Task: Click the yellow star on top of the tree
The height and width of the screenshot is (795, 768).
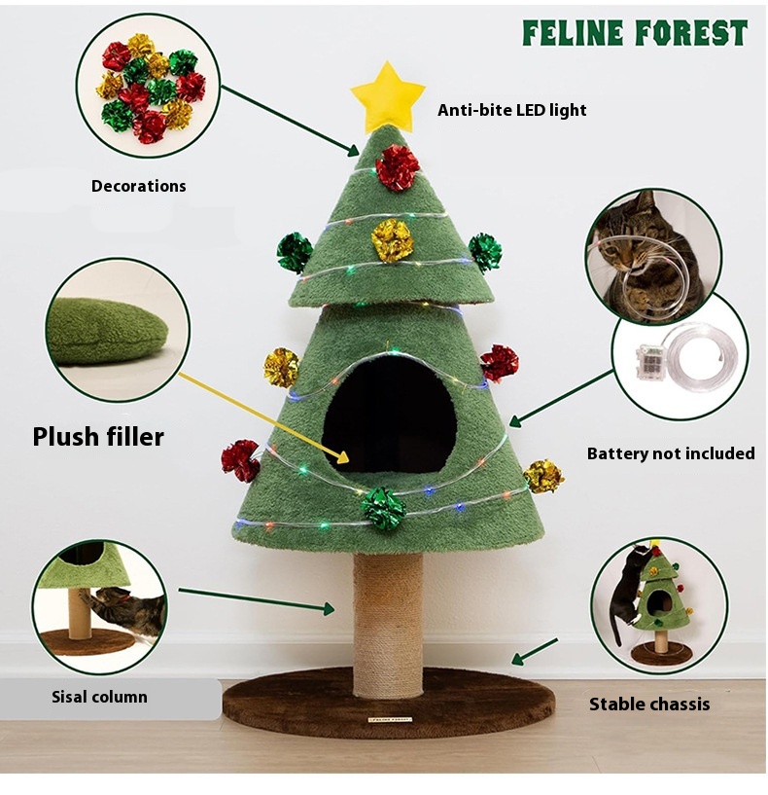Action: click(388, 96)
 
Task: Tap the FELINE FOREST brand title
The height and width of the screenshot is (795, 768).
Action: click(635, 33)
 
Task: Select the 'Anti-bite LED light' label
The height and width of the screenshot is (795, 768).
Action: click(512, 110)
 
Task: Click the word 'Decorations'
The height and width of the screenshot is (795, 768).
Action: click(138, 186)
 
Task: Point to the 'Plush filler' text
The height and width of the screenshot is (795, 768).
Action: click(98, 437)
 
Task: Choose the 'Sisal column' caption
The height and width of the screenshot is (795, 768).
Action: click(99, 697)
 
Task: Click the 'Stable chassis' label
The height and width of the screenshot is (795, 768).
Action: click(649, 704)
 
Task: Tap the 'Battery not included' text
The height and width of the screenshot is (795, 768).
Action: click(671, 453)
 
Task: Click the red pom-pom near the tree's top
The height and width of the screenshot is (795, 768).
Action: click(398, 167)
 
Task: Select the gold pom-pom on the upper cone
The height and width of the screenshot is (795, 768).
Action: click(392, 240)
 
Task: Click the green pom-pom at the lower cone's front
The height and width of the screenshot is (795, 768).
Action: click(383, 509)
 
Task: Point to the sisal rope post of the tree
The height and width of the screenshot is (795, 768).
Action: click(388, 625)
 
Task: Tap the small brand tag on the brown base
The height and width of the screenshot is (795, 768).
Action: click(389, 719)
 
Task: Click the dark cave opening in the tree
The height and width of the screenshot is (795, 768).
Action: click(390, 413)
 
